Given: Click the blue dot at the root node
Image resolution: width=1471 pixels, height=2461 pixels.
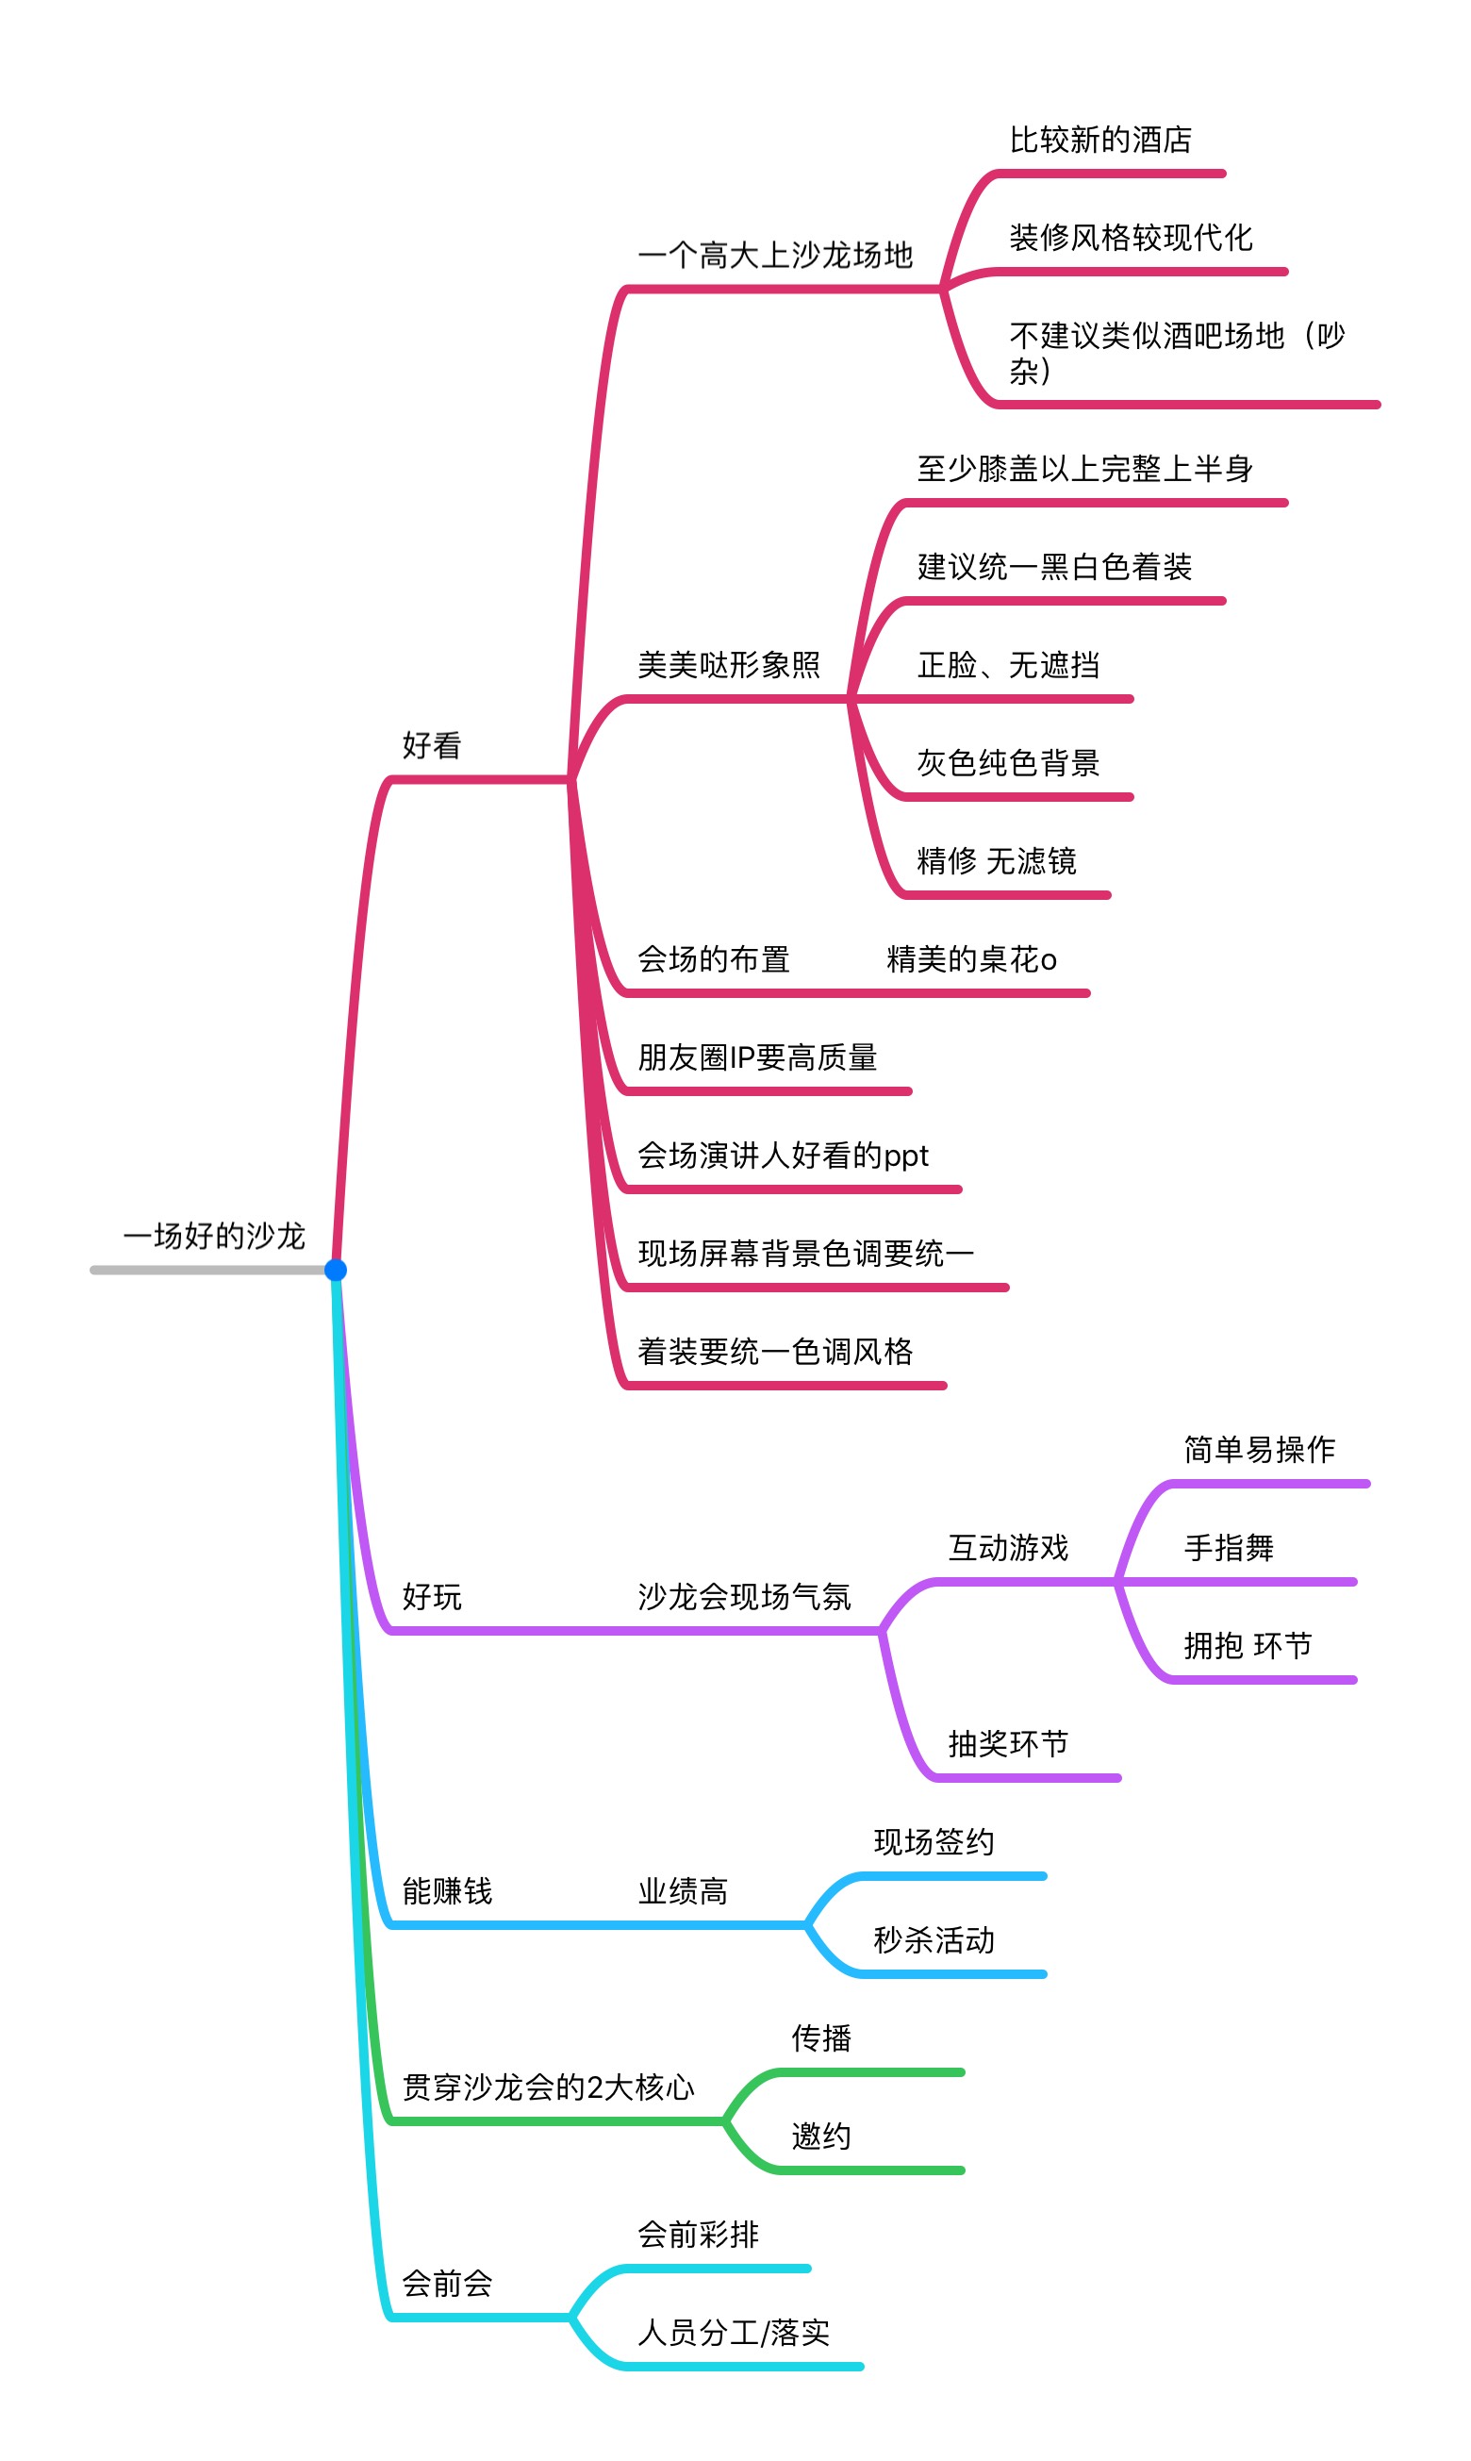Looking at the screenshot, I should click(x=336, y=1271).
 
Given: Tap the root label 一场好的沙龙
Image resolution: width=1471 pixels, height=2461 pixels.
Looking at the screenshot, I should click(x=214, y=1237).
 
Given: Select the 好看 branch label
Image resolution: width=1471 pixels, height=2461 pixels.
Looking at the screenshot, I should click(x=432, y=745).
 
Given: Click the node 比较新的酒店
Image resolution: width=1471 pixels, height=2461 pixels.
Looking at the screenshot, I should click(x=1100, y=140).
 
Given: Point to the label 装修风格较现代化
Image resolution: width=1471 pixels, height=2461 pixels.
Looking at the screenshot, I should click(x=1131, y=238).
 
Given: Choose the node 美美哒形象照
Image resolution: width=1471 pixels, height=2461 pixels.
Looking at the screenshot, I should click(x=729, y=664).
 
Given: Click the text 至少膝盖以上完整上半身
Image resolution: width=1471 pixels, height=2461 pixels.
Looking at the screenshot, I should click(x=1084, y=469).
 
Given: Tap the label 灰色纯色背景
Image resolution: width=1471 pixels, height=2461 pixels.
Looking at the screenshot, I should click(x=1008, y=763).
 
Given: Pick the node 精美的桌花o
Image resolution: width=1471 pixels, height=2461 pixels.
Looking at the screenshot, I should click(x=971, y=960).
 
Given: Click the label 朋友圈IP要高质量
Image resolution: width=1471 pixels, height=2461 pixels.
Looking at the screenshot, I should click(x=757, y=1058).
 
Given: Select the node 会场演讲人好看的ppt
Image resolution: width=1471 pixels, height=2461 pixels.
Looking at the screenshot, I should click(x=783, y=1156).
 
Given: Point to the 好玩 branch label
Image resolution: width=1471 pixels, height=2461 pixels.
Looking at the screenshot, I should click(x=432, y=1597).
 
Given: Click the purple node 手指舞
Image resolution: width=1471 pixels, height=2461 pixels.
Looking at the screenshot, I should click(x=1230, y=1548).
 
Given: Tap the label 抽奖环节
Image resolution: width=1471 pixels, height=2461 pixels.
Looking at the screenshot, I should click(x=1008, y=1744).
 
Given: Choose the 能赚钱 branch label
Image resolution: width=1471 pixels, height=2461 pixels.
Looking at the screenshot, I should click(x=447, y=1892).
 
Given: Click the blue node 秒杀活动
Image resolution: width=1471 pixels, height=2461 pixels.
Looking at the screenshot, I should click(x=934, y=1940).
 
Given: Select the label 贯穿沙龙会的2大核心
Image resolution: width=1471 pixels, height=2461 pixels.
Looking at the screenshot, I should click(x=548, y=2088).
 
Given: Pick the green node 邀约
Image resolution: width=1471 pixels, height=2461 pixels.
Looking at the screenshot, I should click(x=820, y=2137).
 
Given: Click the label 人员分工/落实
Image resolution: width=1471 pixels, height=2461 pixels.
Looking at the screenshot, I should click(x=734, y=2333).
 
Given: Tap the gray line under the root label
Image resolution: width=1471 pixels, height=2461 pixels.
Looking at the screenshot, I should click(x=208, y=1271).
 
